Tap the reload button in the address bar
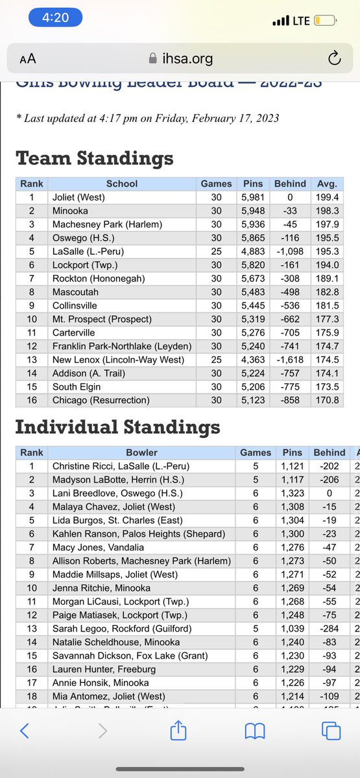point(335,59)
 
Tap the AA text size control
point(28,59)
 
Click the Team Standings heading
point(94,158)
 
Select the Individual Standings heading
point(117,427)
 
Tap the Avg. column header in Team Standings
point(328,183)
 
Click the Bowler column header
point(142,452)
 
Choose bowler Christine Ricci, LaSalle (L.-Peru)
point(121,466)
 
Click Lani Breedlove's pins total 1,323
point(293,493)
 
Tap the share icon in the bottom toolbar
point(178,732)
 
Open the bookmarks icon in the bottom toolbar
point(254,732)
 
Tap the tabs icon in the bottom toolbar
point(331,732)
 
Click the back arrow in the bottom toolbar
point(25,732)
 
